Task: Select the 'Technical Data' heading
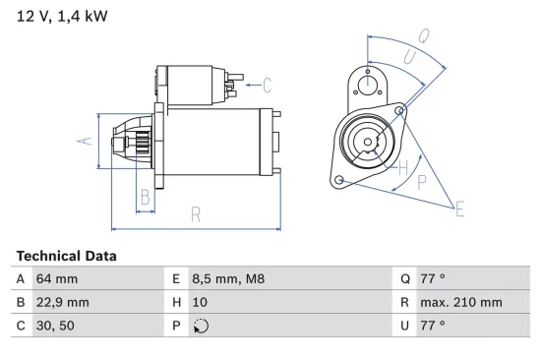pyautogui.click(x=66, y=256)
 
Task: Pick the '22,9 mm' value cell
pyautogui.click(x=63, y=302)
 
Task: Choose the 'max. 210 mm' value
pyautogui.click(x=463, y=302)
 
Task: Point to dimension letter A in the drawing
pyautogui.click(x=85, y=142)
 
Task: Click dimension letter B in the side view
pyautogui.click(x=145, y=196)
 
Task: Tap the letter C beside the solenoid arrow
pyautogui.click(x=267, y=85)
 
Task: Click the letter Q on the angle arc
pyautogui.click(x=423, y=35)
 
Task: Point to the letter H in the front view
pyautogui.click(x=401, y=168)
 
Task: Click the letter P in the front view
pyautogui.click(x=422, y=182)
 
